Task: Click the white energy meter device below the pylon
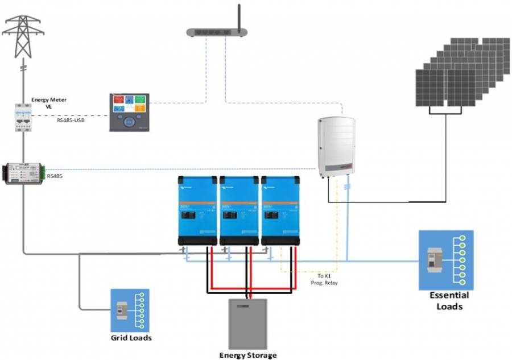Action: pos(23,118)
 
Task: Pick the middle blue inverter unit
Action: pos(239,211)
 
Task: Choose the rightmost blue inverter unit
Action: pos(280,211)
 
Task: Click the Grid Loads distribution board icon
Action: pos(130,311)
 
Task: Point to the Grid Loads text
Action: pos(131,338)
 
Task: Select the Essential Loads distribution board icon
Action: pos(446,259)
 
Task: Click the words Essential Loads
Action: pos(449,301)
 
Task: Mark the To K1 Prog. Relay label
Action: pos(325,279)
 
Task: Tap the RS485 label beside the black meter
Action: pos(55,176)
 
